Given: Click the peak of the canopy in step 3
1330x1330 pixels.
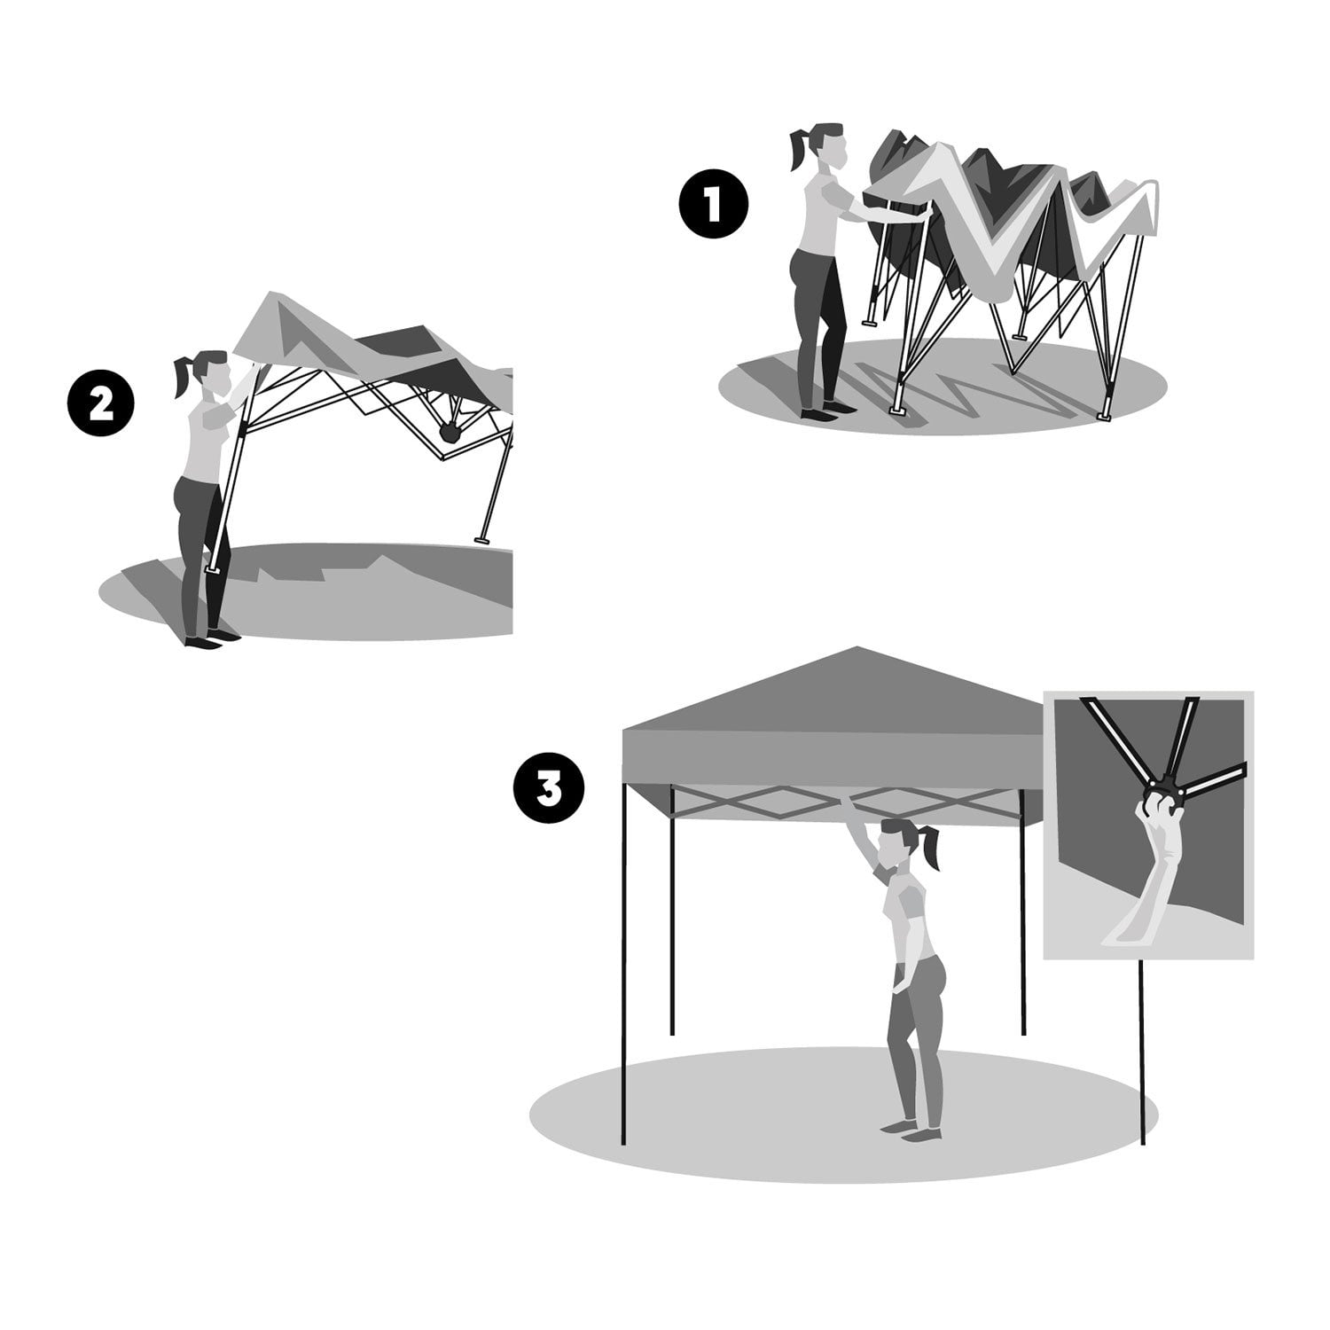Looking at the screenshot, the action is click(x=854, y=649).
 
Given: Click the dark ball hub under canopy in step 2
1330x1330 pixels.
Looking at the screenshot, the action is click(x=450, y=433).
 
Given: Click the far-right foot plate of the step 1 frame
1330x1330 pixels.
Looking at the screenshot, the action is click(x=1104, y=415).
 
